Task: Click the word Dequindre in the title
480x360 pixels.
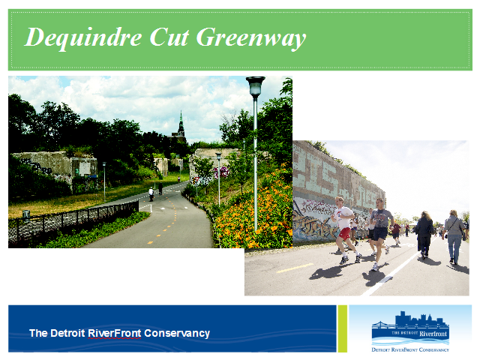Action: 83,38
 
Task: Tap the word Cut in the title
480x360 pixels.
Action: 169,37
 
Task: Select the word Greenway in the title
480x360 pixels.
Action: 251,38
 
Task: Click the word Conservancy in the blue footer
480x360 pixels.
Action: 177,333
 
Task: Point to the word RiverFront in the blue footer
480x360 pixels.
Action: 115,333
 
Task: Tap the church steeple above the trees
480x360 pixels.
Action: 181,125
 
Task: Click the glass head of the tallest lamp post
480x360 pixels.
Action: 255,87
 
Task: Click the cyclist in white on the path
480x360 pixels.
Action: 151,194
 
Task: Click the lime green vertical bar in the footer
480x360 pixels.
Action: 342,328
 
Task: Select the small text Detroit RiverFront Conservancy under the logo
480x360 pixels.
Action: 410,349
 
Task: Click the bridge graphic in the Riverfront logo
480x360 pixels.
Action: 383,325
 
